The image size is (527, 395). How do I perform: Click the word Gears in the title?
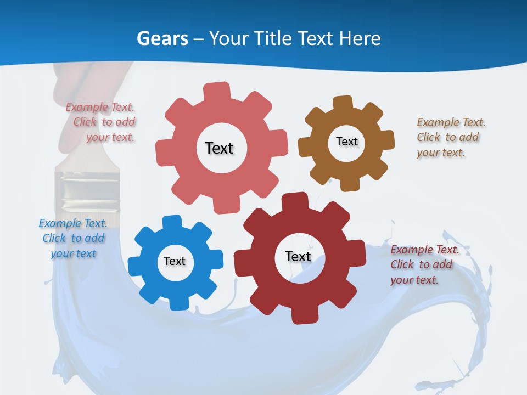[x=162, y=38]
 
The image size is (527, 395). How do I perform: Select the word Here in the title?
[x=359, y=38]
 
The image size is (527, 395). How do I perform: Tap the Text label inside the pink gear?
[x=219, y=148]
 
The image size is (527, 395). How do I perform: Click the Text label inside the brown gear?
[x=346, y=142]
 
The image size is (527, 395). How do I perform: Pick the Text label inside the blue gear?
[x=175, y=261]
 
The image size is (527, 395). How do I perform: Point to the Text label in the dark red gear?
[x=298, y=256]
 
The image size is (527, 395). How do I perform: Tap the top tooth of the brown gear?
[x=343, y=103]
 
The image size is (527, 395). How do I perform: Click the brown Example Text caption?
[x=450, y=137]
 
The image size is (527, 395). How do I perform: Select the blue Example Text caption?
[x=73, y=238]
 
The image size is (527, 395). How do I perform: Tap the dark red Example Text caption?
[x=424, y=264]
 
